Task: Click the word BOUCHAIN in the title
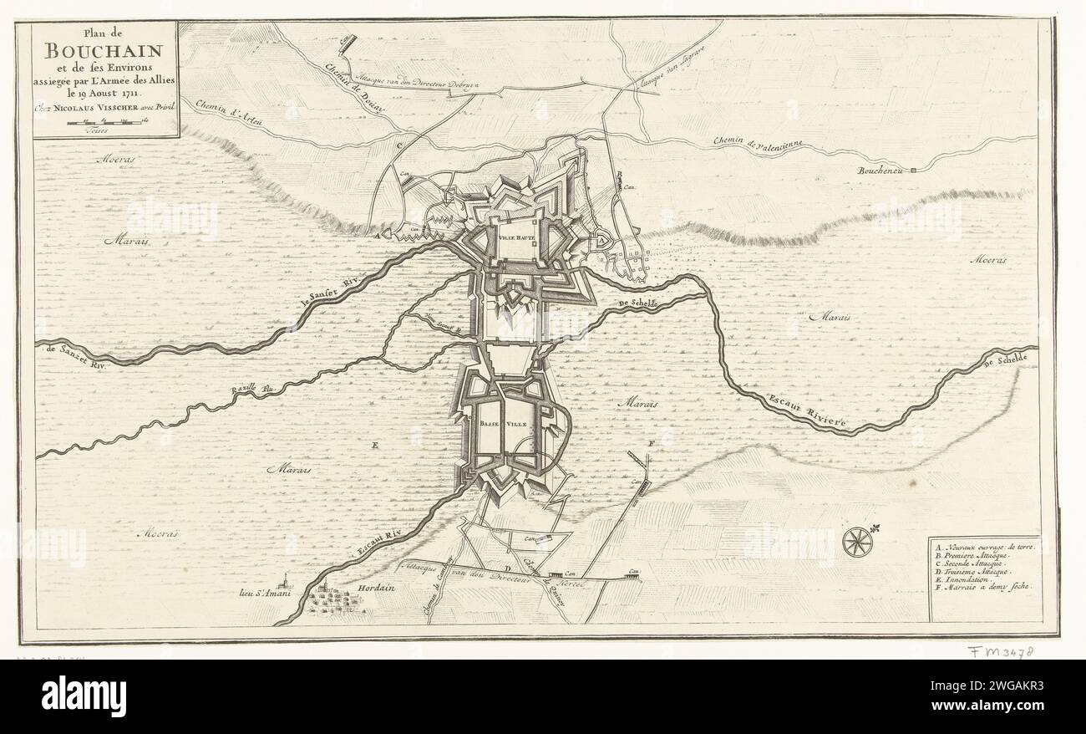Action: [x=105, y=52]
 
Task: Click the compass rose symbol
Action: [x=856, y=542]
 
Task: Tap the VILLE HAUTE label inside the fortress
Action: [x=517, y=237]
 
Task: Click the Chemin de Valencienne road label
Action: [x=759, y=145]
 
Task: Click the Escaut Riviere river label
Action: [x=808, y=411]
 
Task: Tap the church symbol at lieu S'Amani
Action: [x=287, y=579]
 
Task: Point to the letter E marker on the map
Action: [x=375, y=445]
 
